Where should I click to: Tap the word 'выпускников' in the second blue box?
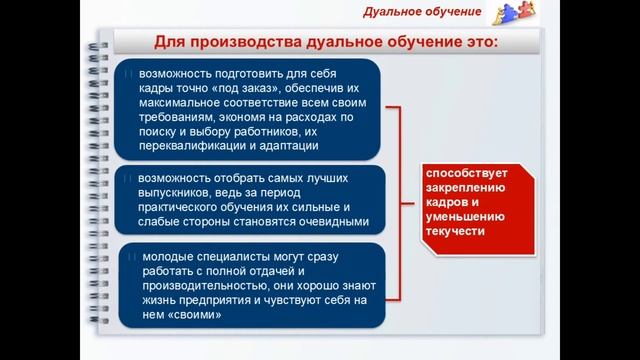[x=173, y=192]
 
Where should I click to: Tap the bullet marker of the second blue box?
[x=130, y=178]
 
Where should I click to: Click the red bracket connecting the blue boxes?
[x=399, y=200]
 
